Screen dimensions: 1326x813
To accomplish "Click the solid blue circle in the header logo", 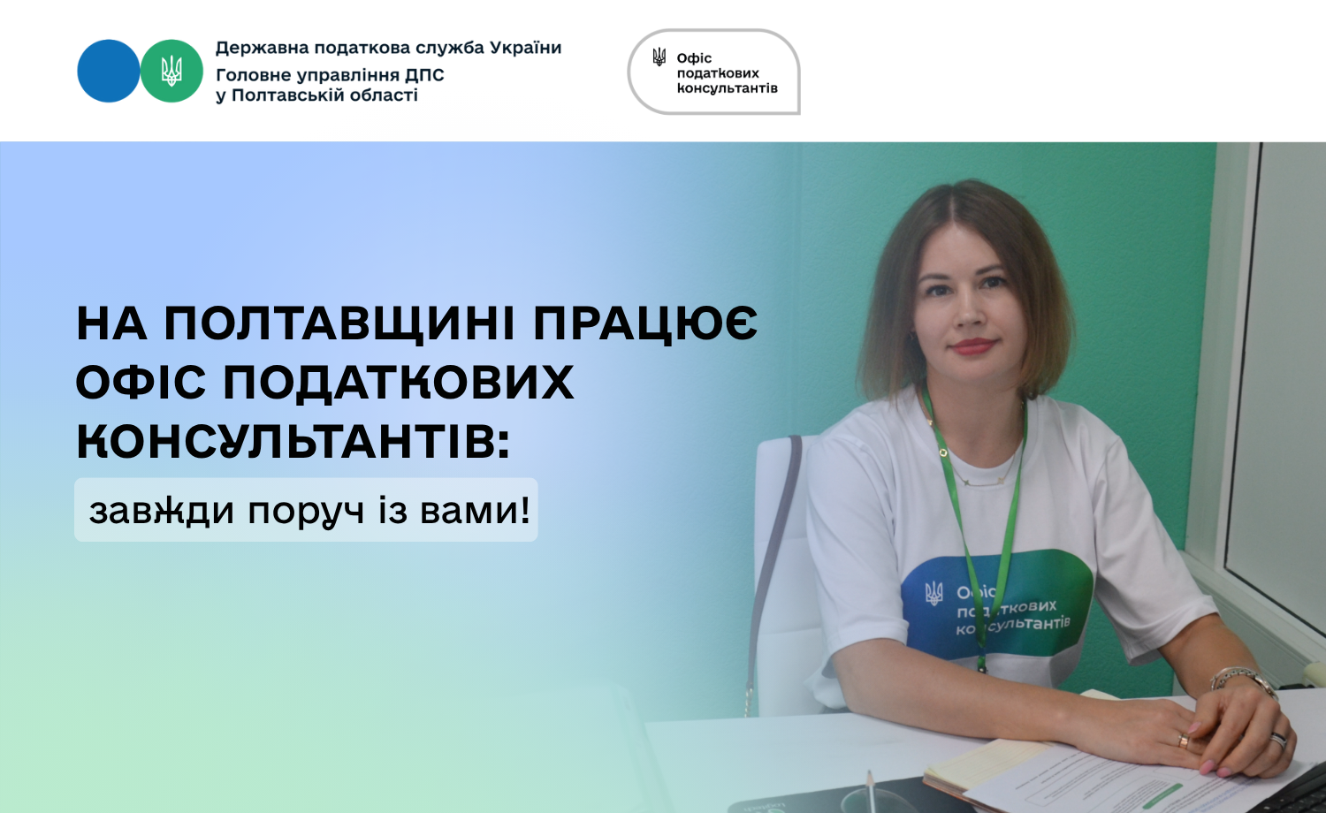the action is [x=109, y=71].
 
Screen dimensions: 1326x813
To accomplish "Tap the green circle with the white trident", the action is [x=171, y=71].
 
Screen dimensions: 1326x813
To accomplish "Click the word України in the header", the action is [x=525, y=48].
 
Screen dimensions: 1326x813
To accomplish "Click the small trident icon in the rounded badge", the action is [x=659, y=57].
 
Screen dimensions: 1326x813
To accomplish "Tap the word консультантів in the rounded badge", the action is [x=727, y=88].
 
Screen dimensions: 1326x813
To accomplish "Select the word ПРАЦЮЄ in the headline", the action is [x=645, y=324].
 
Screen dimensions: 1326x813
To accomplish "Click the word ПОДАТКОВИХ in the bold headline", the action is [x=399, y=383].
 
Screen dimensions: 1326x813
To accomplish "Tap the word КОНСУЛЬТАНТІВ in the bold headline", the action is [x=293, y=442].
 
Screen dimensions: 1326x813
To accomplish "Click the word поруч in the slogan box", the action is [x=306, y=512].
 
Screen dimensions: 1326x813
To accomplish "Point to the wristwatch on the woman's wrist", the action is [x=1241, y=680].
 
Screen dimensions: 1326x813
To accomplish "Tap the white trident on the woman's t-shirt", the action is [x=934, y=594].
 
